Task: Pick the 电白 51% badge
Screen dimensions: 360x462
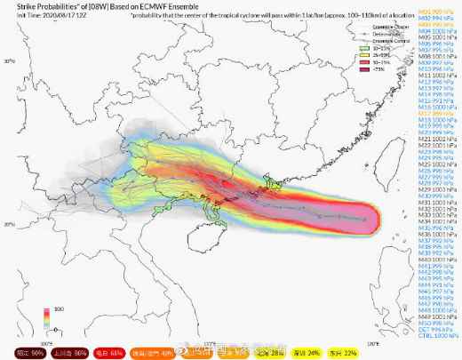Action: (x=108, y=352)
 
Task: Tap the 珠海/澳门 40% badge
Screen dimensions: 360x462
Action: (x=153, y=352)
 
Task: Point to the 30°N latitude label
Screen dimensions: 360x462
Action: (x=10, y=61)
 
